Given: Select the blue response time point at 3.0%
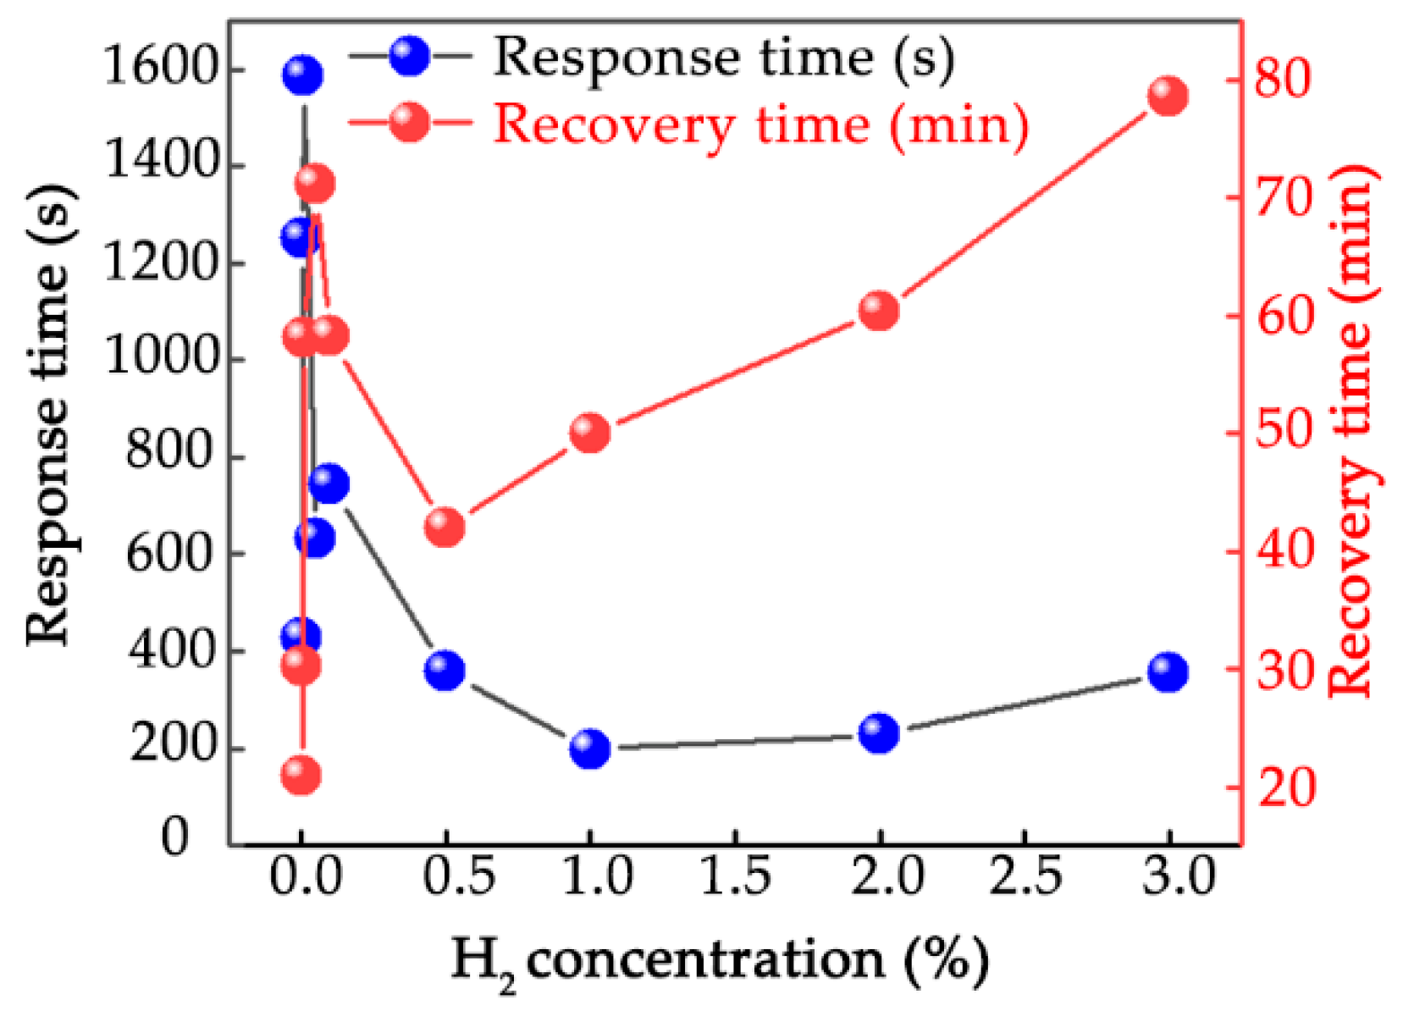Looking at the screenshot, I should (1168, 672).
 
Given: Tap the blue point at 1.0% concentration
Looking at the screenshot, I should (590, 749).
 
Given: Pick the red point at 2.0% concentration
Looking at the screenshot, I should (879, 311).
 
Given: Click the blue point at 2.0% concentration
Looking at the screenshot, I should (879, 732).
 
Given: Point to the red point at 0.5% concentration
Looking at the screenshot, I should (445, 528).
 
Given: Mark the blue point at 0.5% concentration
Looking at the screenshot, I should (445, 671).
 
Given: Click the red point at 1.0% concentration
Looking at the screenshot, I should (590, 433).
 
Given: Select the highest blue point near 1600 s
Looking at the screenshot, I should (302, 75).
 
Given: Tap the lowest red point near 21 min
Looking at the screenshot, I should (301, 775).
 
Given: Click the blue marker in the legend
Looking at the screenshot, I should (410, 56).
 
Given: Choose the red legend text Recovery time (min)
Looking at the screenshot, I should (760, 124).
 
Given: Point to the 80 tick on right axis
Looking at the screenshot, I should (1282, 78).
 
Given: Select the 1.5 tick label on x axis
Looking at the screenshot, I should (735, 877).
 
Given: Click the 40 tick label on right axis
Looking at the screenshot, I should (1282, 550).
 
